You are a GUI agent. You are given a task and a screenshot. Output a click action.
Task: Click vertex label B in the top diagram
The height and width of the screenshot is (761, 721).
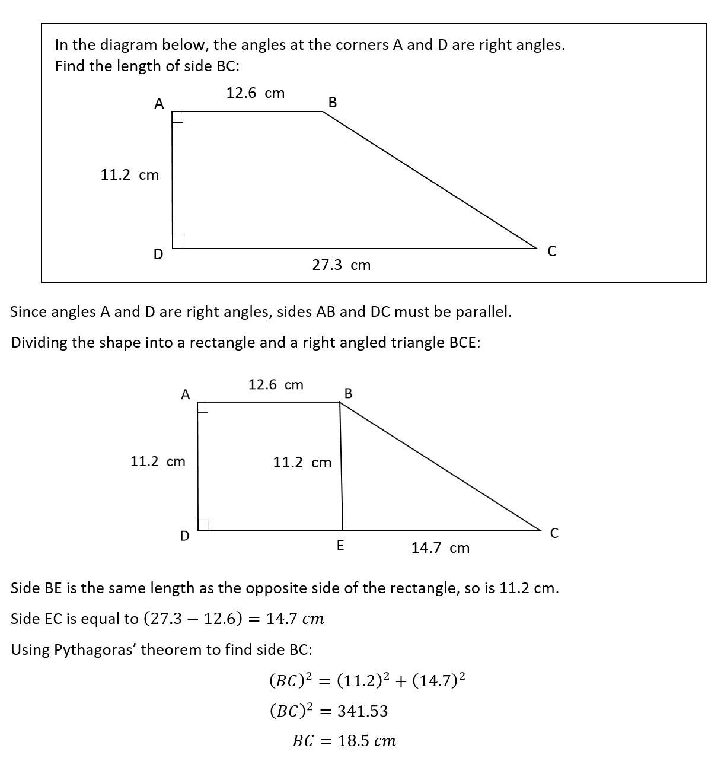click(332, 103)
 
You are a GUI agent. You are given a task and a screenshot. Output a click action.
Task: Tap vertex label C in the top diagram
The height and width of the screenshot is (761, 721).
click(552, 251)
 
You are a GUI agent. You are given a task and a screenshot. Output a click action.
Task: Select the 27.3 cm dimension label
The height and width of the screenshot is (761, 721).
click(341, 265)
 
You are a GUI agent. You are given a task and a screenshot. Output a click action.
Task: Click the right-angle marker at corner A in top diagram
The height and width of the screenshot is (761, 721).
click(177, 117)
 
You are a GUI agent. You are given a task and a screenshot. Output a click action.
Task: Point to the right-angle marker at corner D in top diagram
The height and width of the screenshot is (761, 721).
click(178, 242)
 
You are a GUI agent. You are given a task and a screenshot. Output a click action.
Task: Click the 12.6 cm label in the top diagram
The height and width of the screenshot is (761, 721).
click(256, 93)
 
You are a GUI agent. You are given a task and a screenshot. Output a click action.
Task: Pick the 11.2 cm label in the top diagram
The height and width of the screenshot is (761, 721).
click(130, 175)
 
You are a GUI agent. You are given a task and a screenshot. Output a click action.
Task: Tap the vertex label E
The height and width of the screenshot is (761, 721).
click(340, 545)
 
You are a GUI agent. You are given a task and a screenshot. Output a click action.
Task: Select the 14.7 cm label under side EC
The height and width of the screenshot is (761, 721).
click(440, 548)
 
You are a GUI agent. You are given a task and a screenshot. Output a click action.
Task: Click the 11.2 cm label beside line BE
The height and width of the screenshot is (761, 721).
click(302, 463)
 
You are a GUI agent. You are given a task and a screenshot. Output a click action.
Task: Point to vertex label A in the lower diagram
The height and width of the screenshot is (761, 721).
click(186, 394)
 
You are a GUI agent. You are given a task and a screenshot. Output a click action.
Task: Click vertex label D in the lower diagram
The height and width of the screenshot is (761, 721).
click(185, 536)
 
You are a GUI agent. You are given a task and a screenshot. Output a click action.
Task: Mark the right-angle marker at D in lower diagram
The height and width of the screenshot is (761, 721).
click(203, 525)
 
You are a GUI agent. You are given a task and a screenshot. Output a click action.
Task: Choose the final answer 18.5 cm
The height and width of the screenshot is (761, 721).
click(366, 741)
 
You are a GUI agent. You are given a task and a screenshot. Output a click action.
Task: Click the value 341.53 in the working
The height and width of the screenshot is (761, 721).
click(362, 711)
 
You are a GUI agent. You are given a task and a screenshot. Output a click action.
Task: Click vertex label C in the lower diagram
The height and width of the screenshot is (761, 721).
click(554, 534)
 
